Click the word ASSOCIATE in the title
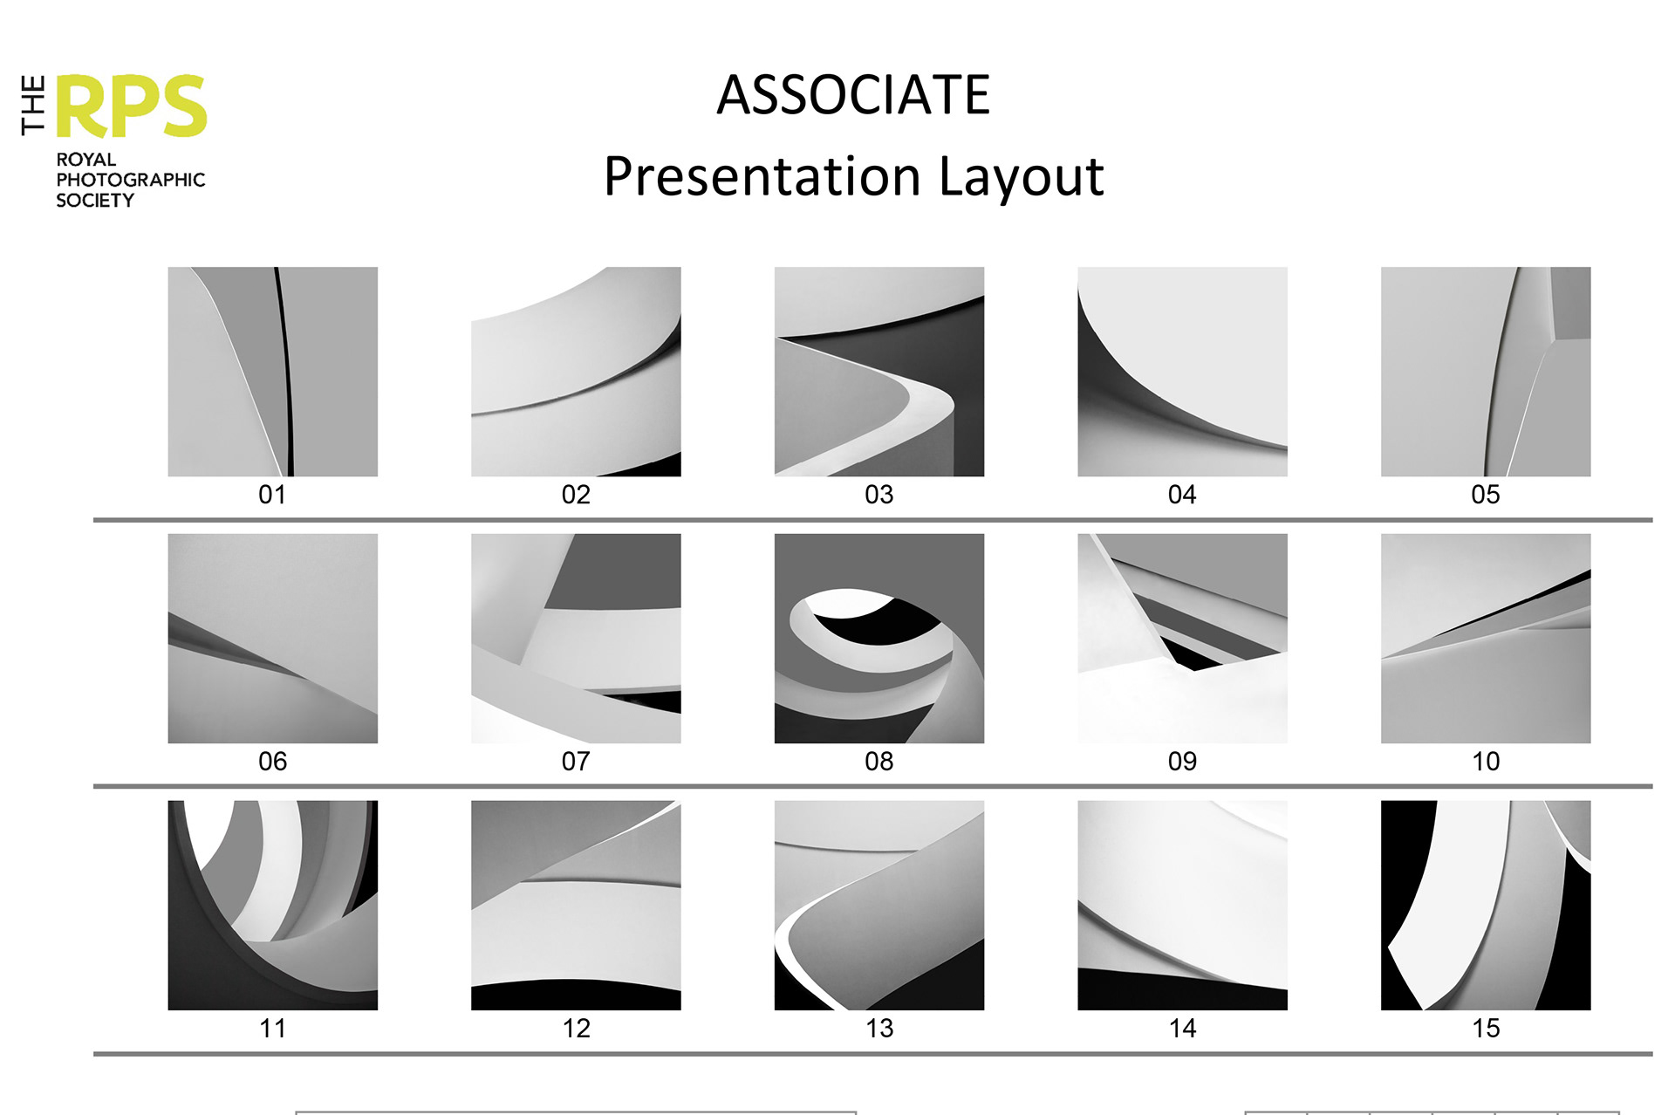(x=852, y=94)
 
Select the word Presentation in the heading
(x=762, y=177)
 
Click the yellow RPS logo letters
(x=132, y=106)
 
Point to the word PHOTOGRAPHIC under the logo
(x=131, y=180)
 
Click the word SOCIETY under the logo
(x=95, y=201)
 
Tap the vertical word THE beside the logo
(x=33, y=106)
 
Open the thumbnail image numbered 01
(x=272, y=372)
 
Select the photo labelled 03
(x=879, y=372)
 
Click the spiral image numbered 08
(x=879, y=639)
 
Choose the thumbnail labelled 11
(x=272, y=905)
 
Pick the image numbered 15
(x=1485, y=905)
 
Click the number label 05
(x=1485, y=495)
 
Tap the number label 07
(x=576, y=762)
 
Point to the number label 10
(x=1485, y=762)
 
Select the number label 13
(x=879, y=1029)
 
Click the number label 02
(x=576, y=495)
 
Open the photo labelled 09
(x=1182, y=639)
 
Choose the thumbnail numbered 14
(x=1182, y=905)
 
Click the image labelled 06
(x=272, y=639)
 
